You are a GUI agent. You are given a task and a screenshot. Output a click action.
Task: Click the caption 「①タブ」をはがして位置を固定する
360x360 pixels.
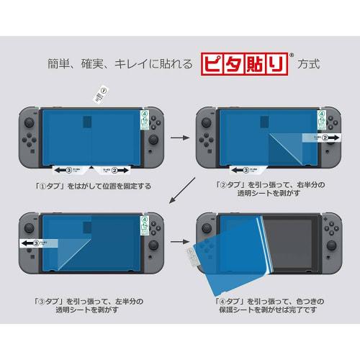tap(92, 186)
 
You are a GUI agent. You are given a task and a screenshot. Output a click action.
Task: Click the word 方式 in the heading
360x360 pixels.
tap(308, 64)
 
